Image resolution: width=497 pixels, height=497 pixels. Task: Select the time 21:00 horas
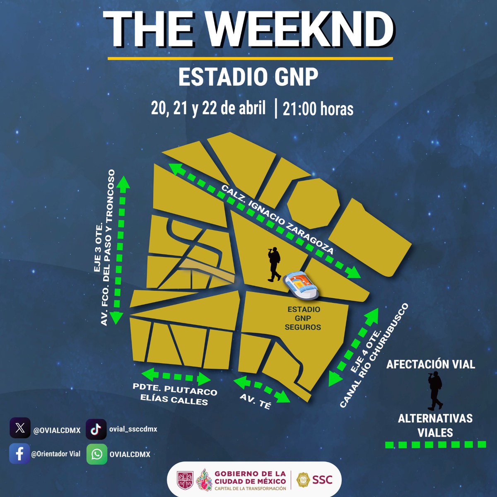click(x=318, y=109)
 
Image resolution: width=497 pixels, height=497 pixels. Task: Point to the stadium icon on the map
click(x=301, y=286)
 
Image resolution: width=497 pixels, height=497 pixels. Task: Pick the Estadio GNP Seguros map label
click(x=304, y=318)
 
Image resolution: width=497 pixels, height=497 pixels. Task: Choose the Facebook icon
click(x=19, y=454)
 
